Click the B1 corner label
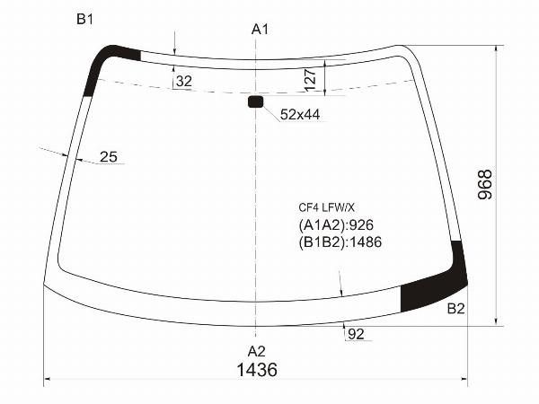[84, 19]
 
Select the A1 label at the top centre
[260, 30]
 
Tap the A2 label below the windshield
[256, 351]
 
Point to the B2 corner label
[455, 309]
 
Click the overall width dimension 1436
[257, 370]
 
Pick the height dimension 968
[485, 184]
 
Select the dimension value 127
[311, 80]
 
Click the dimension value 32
[184, 82]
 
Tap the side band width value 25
[109, 156]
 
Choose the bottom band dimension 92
[356, 334]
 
